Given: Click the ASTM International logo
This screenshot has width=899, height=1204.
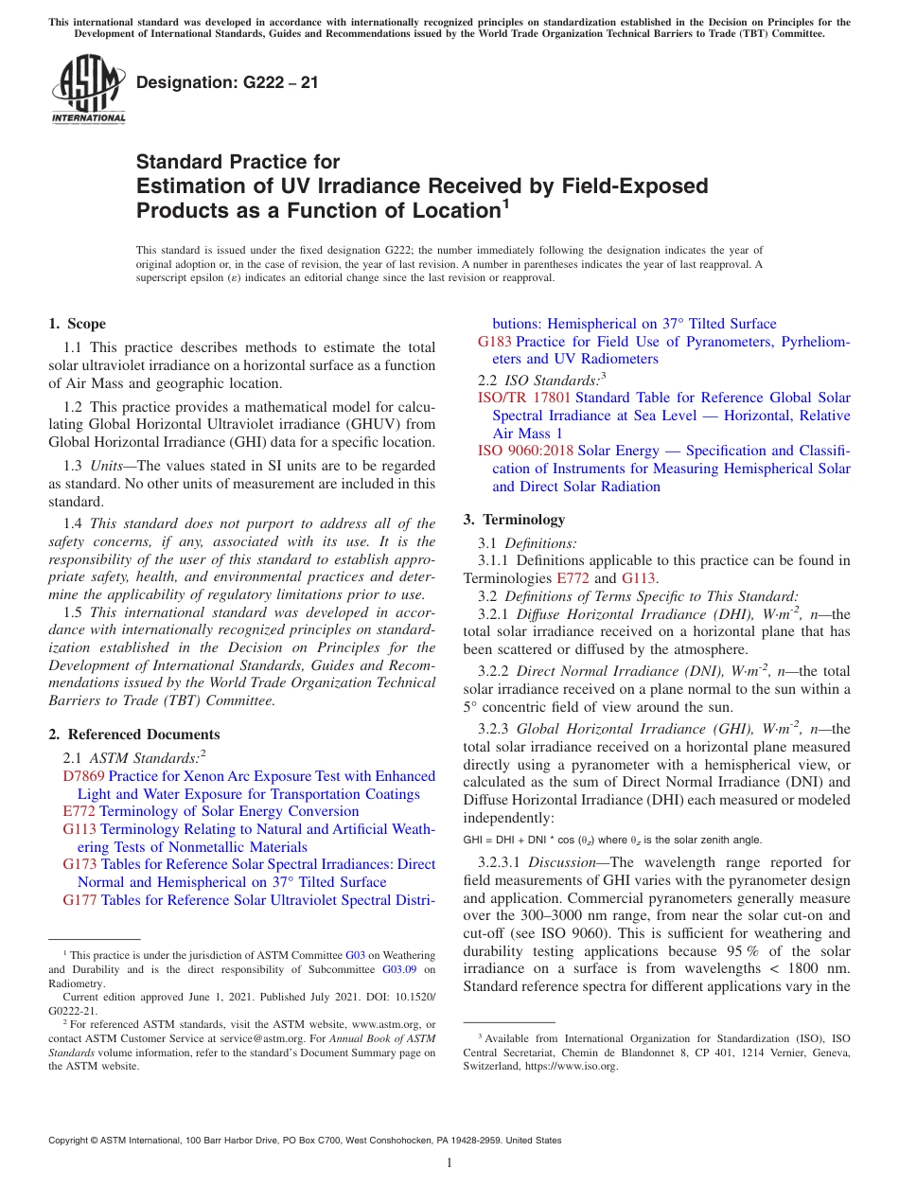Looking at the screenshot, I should [x=88, y=90].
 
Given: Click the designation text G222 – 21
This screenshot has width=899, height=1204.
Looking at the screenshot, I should [x=227, y=82].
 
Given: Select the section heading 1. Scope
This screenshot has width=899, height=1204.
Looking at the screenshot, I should [x=78, y=324].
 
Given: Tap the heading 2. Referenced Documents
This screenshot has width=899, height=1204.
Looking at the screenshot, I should [x=134, y=735].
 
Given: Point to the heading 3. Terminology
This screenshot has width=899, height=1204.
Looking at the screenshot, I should [x=514, y=520].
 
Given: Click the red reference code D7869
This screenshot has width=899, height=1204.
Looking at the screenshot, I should [x=83, y=776].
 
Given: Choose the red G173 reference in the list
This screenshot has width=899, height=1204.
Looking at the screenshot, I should [x=80, y=864].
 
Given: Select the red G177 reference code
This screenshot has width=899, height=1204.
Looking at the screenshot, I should [x=80, y=900].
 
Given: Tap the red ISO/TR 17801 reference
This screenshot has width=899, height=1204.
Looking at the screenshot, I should [x=524, y=398].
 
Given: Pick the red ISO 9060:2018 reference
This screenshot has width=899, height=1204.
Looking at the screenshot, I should [x=525, y=451].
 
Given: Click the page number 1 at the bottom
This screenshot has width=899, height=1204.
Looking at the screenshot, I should [x=449, y=1162].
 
